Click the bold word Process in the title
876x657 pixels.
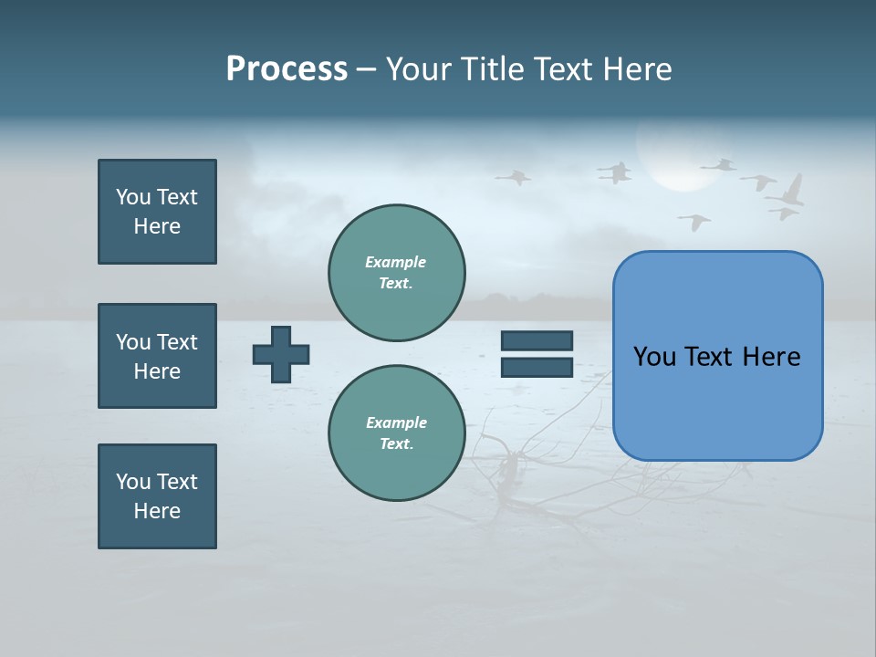click(x=287, y=69)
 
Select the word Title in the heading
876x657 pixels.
click(x=490, y=69)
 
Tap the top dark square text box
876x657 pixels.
click(x=157, y=212)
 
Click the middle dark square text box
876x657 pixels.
click(x=157, y=356)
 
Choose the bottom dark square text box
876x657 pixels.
click(x=157, y=496)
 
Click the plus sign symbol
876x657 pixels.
click(x=281, y=354)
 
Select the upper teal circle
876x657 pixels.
click(x=397, y=273)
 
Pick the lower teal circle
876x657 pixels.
click(x=397, y=433)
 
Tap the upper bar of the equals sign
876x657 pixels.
click(x=537, y=340)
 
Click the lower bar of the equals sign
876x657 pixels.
click(x=537, y=367)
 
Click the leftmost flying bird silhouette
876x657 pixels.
click(x=514, y=177)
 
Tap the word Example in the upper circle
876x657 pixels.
click(x=396, y=262)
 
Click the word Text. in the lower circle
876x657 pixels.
click(x=396, y=444)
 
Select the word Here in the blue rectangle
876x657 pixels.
click(x=771, y=357)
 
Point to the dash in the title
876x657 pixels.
click(x=367, y=69)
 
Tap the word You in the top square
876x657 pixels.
click(x=131, y=197)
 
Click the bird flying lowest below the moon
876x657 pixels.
click(x=695, y=222)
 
